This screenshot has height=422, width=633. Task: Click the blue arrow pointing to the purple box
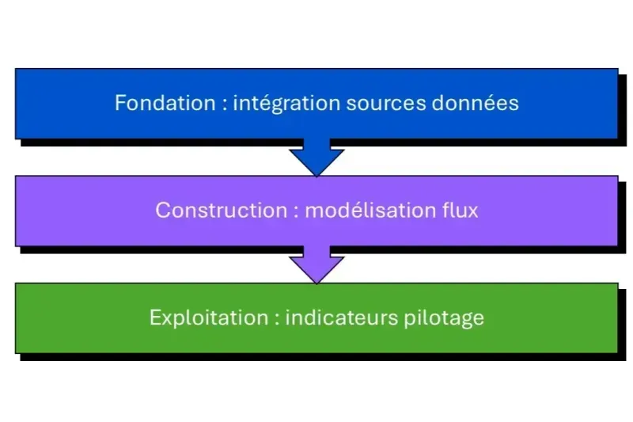click(x=316, y=158)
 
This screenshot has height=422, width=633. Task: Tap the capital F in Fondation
click(x=120, y=103)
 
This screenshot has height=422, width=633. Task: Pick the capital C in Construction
click(x=161, y=211)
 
